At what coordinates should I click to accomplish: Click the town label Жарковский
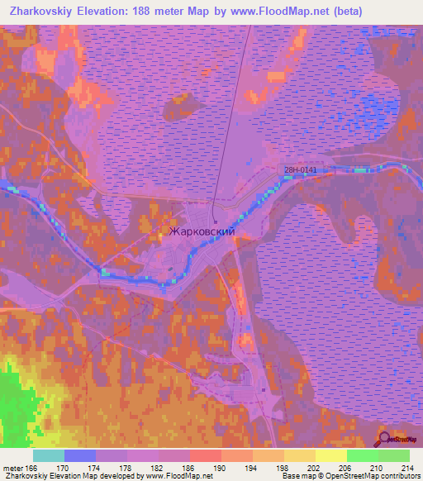pos(202,232)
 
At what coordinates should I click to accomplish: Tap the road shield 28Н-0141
pos(300,170)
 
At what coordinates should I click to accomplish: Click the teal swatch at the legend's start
pos(48,455)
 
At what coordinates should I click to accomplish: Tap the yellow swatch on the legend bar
pos(330,455)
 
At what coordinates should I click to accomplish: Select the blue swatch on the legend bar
pos(79,455)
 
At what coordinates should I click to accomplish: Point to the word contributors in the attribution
pos(399,476)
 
